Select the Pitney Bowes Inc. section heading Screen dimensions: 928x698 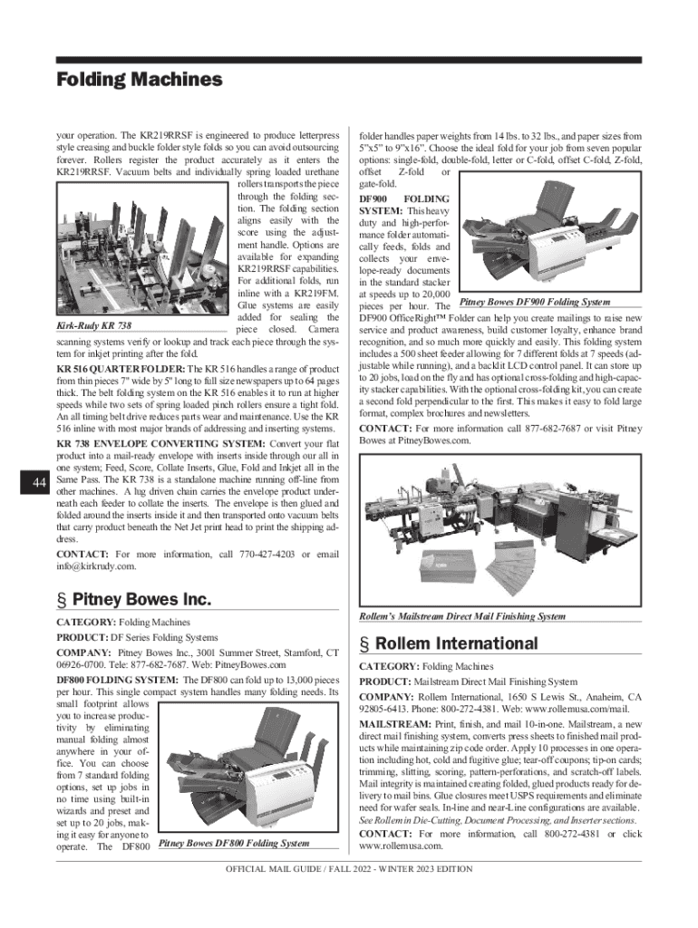pyautogui.click(x=133, y=599)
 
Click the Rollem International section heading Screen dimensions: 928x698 pyautogui.click(x=449, y=643)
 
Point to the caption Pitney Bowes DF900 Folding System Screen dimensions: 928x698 pyautogui.click(x=535, y=302)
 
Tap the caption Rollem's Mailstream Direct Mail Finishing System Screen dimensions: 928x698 pyautogui.click(x=462, y=616)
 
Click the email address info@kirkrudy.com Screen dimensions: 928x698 pyautogui.click(x=96, y=566)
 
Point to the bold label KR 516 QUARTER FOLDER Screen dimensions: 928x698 pyautogui.click(x=120, y=371)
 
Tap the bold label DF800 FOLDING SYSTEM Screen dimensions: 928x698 pyautogui.click(x=115, y=679)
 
